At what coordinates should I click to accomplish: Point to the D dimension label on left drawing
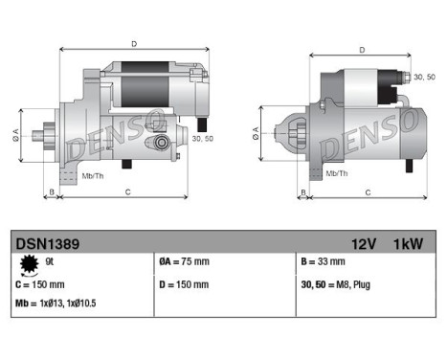133,44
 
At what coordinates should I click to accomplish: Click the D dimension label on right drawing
361,50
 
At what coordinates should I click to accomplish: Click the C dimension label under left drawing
127,192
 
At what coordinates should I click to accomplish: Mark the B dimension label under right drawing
303,192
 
